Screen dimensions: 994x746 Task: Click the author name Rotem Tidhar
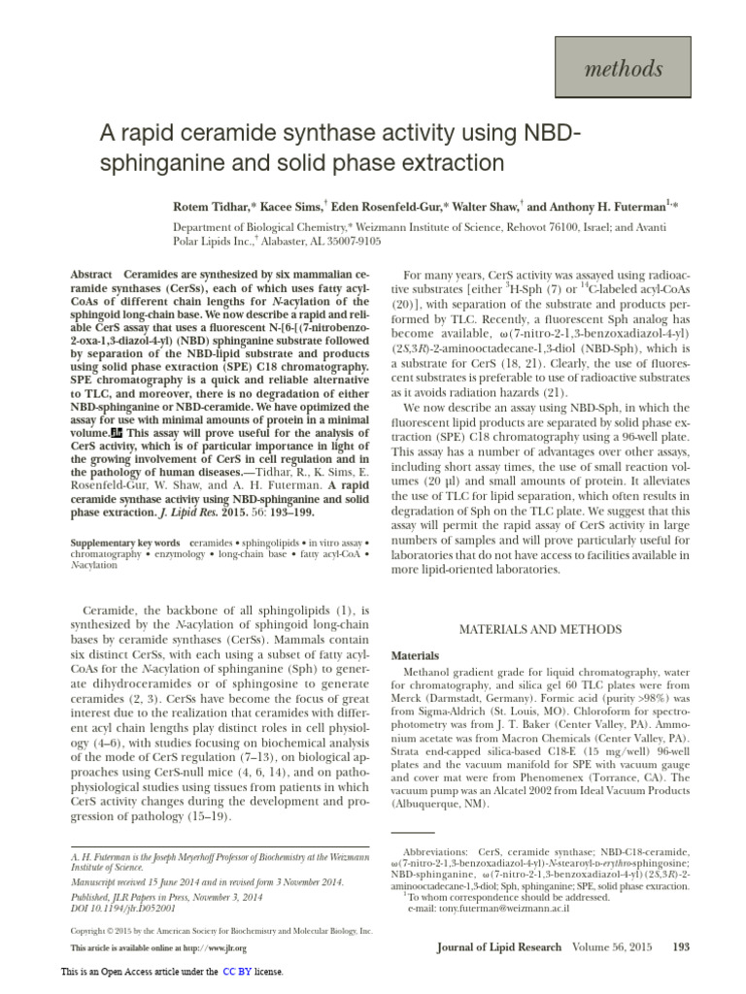click(x=213, y=207)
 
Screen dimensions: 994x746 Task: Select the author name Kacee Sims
click(x=294, y=207)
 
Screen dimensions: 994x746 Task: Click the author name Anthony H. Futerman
click(x=609, y=207)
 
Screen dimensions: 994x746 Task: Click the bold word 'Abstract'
click(x=91, y=276)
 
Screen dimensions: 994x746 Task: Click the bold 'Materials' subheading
click(x=415, y=656)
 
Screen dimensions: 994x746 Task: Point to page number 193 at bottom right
click(x=680, y=946)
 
